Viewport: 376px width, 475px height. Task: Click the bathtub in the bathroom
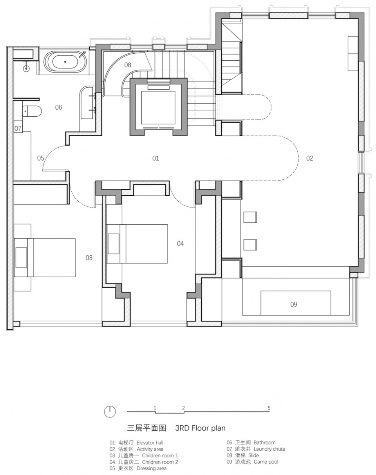(65, 62)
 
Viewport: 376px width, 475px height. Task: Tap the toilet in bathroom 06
(32, 111)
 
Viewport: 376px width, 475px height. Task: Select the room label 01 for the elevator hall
(155, 158)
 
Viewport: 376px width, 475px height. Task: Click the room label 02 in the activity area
(309, 158)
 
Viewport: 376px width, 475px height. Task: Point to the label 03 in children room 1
(89, 258)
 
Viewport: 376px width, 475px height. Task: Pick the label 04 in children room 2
(180, 244)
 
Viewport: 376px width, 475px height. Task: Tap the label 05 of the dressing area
(41, 158)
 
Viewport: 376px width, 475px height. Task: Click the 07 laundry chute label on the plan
(18, 128)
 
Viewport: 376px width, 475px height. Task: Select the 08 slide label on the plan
(128, 65)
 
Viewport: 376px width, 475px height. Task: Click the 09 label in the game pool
(294, 304)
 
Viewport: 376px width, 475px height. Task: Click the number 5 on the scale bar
(269, 408)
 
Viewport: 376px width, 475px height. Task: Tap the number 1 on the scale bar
(155, 408)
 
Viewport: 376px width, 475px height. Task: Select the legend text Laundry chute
(269, 449)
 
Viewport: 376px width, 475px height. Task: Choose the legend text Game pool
(266, 462)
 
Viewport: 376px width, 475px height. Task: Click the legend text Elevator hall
(150, 442)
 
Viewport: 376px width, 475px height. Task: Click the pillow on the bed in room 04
(114, 244)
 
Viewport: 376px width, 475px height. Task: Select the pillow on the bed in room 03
(22, 258)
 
